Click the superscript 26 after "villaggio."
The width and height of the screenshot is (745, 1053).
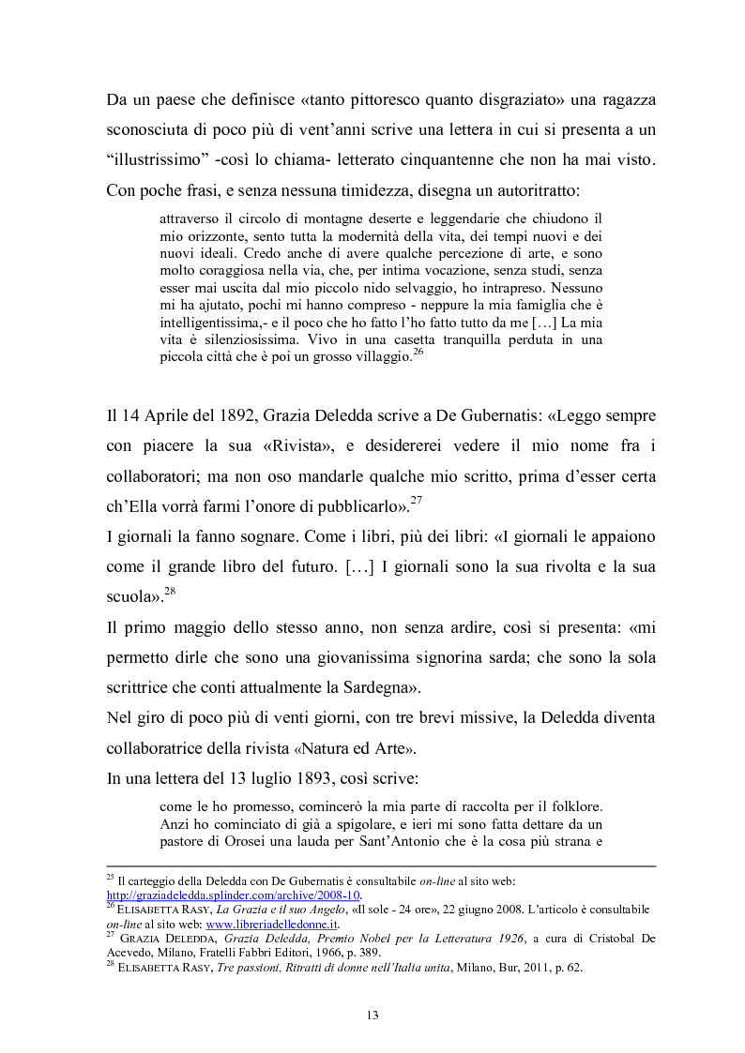tap(418, 352)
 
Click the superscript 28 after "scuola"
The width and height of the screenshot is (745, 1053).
tap(172, 590)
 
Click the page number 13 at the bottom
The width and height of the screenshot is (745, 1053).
tap(372, 1014)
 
